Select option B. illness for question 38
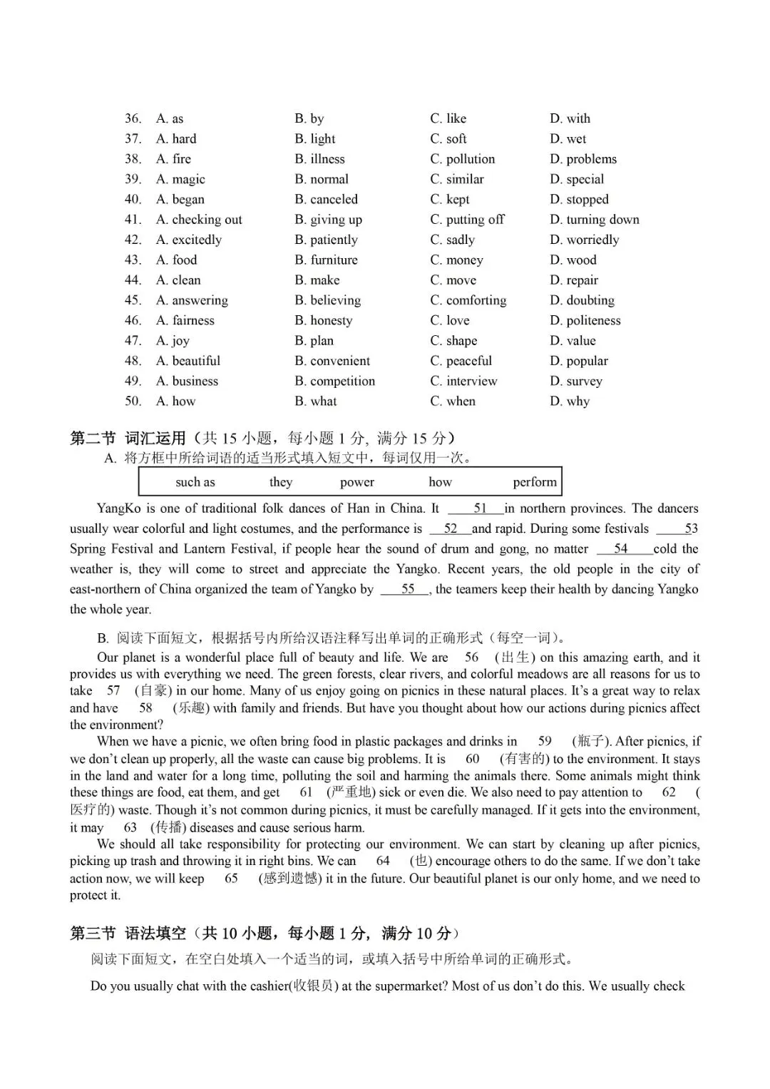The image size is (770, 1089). coord(319,159)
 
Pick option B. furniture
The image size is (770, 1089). coord(326,260)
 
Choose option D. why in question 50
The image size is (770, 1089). coord(570,402)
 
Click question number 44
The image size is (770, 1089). coord(133,280)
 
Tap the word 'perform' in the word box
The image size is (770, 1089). coord(535,482)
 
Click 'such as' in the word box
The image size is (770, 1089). coord(195,482)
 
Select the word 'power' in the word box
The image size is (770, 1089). coord(357,482)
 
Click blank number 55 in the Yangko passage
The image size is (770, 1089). coord(407,589)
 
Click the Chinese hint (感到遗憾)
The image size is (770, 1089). coord(290,879)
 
